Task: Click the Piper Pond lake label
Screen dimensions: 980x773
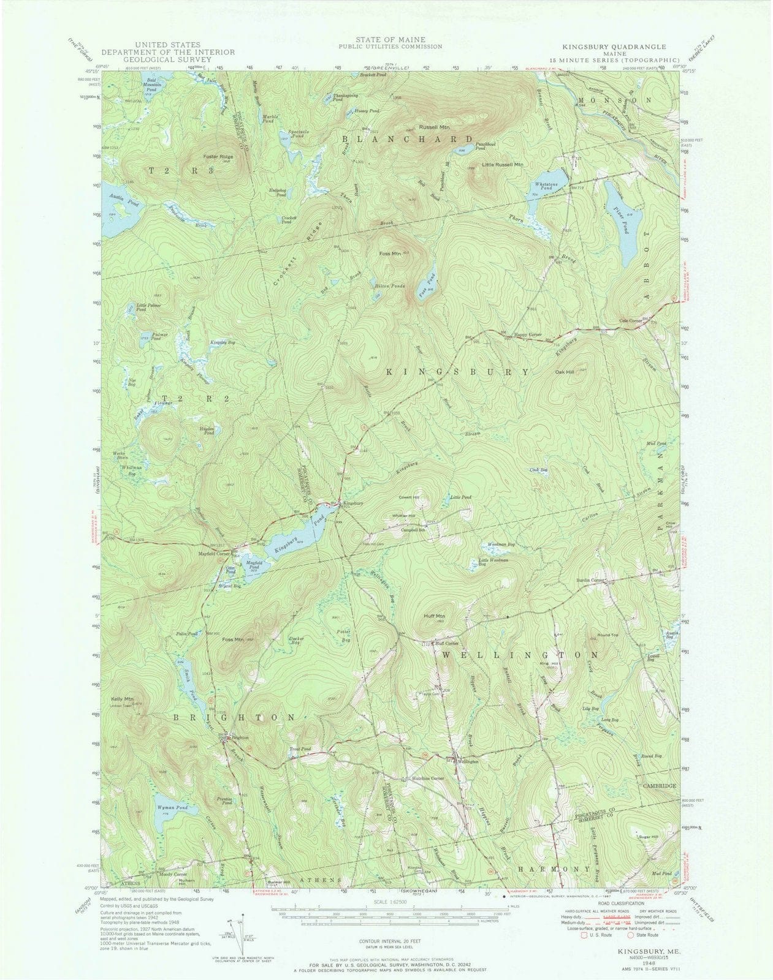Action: (x=620, y=213)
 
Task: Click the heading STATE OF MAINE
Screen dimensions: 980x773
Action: (x=388, y=39)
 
